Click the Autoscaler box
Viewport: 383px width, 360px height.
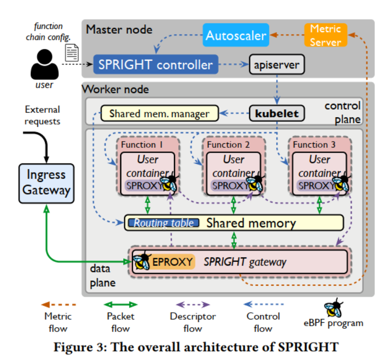pos(236,35)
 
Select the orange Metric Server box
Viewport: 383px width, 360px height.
pos(325,35)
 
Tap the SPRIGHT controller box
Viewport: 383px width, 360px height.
pos(156,65)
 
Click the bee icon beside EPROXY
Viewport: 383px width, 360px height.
pos(140,261)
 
